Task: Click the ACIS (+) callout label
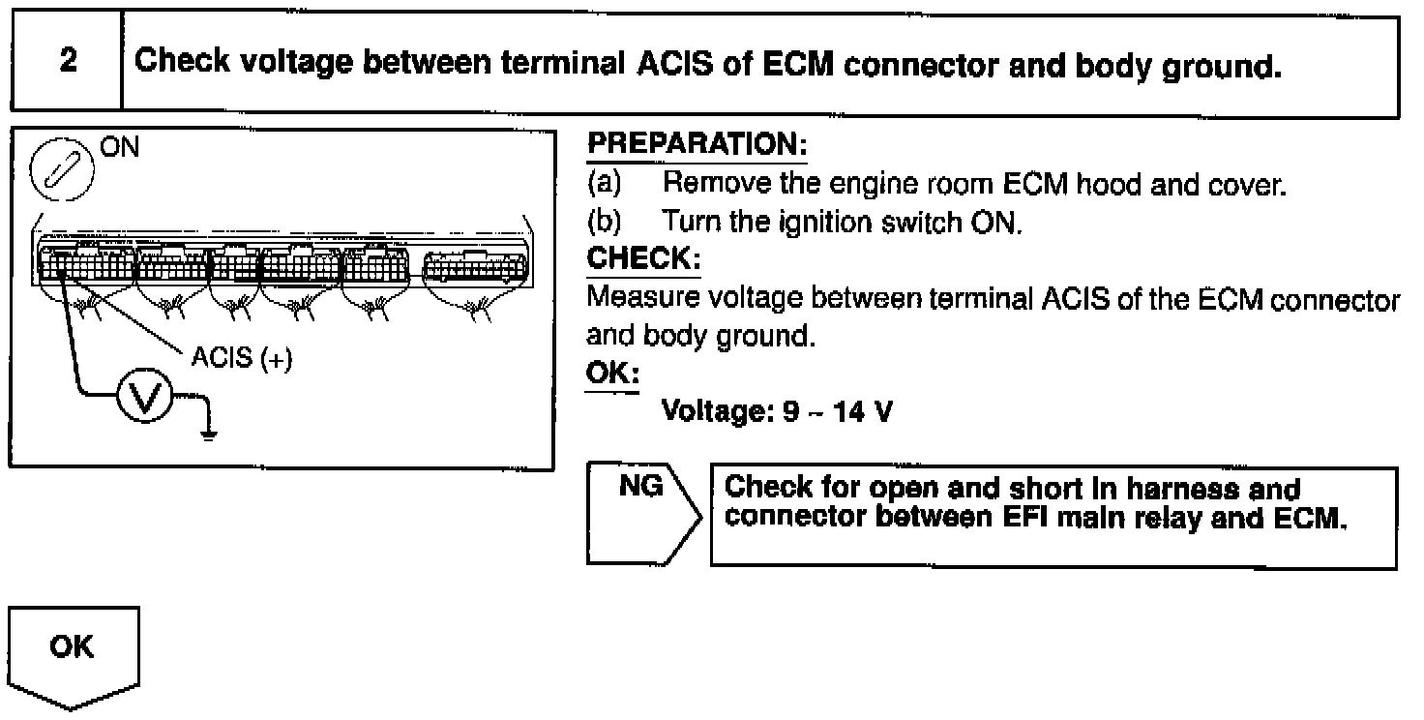(x=240, y=357)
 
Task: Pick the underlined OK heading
(x=612, y=374)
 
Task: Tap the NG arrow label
(x=640, y=485)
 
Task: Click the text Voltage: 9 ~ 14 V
(x=776, y=412)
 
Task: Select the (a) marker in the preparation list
(x=604, y=183)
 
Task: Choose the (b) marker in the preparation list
(x=604, y=222)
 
